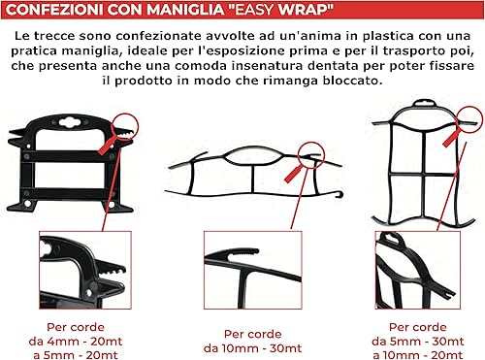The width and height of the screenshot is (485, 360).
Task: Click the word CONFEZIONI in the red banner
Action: coord(55,10)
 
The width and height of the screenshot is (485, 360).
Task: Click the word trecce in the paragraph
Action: coord(54,36)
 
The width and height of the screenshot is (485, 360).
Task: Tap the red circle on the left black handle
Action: coord(125,126)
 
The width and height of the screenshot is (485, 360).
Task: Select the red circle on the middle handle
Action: coord(310,155)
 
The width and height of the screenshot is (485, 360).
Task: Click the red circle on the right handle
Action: coord(471,118)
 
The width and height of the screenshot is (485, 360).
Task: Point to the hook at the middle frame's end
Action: coord(339,194)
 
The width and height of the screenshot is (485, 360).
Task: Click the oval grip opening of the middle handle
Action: coord(252,156)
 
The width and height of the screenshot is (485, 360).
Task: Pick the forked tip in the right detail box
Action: coord(447,295)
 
